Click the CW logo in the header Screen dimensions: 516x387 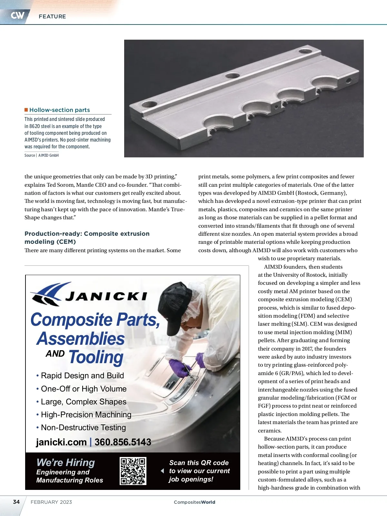17,15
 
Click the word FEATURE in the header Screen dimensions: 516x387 52,16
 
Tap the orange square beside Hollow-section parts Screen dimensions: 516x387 26,110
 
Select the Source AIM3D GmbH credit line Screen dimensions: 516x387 42,155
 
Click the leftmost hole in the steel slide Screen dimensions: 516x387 149,104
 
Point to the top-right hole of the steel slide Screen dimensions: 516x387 305,51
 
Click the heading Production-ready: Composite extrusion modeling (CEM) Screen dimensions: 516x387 87,238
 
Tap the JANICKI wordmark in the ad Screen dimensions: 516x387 106,296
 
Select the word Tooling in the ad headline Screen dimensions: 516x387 96,357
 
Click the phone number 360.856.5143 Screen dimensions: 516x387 123,442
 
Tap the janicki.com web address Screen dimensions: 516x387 61,442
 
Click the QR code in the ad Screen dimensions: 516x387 133,471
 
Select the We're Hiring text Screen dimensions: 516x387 66,463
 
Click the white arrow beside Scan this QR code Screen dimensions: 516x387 162,471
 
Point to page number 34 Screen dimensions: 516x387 16,502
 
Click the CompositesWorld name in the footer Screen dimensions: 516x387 194,502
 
